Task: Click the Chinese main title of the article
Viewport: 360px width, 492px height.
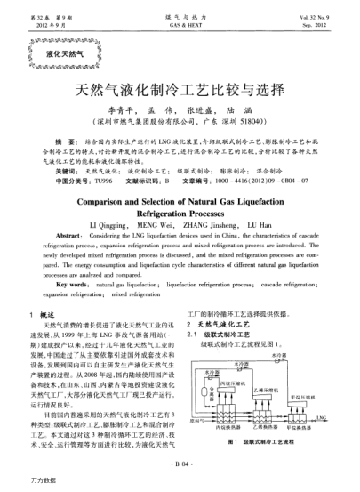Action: coord(180,90)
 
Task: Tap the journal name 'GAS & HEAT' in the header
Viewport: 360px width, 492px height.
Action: coord(180,27)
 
